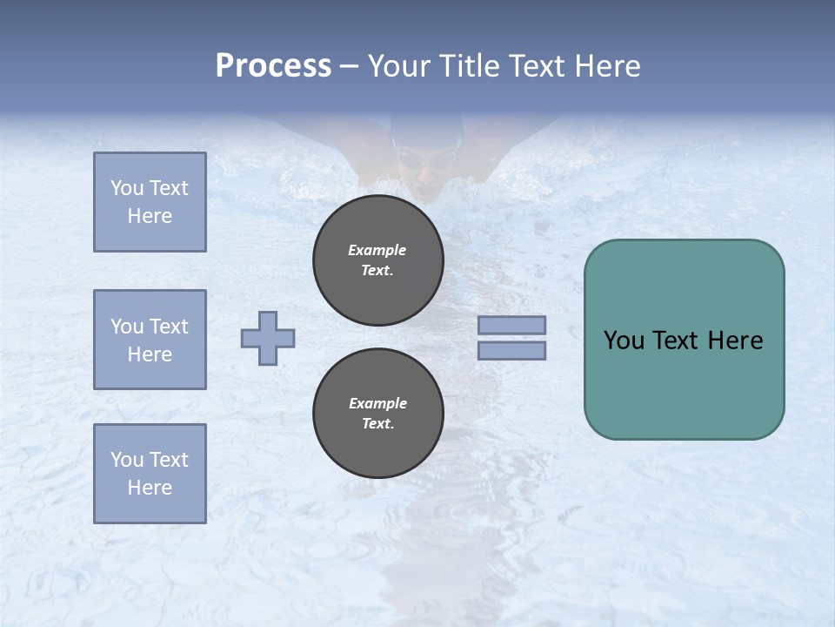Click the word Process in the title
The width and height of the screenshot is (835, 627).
coord(273,66)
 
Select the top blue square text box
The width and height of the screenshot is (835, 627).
coord(150,202)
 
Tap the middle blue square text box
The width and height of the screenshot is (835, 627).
coord(150,340)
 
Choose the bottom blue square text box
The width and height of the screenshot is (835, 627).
coord(150,474)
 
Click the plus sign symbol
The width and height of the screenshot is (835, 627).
coord(268,338)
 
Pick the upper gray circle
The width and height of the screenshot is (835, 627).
coord(378,260)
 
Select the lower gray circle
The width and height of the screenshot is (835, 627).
coord(378,414)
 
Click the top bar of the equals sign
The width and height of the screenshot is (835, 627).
coord(511,326)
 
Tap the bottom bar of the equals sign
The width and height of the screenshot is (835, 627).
coord(511,350)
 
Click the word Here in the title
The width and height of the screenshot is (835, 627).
coord(606,66)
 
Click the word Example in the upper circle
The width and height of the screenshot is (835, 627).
coord(377,250)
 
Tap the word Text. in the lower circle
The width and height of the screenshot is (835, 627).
coord(377,424)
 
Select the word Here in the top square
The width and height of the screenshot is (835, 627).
coord(150,216)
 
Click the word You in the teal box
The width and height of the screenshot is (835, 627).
coord(625,340)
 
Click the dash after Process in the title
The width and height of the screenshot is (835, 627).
coord(349,66)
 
